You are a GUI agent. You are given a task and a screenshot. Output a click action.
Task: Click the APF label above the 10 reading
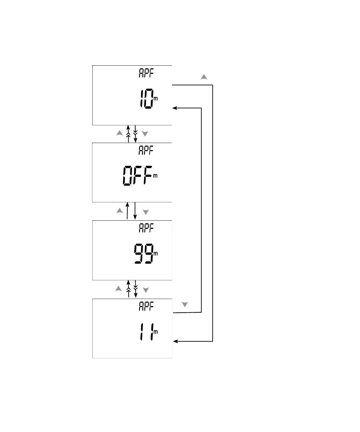click(x=146, y=73)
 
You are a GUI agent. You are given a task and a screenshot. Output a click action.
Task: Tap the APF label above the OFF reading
click(x=146, y=151)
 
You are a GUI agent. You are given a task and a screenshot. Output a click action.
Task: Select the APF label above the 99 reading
click(x=146, y=228)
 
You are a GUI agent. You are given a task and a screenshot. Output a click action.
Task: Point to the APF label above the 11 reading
click(x=146, y=306)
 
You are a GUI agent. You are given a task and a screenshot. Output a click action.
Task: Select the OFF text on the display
click(x=137, y=176)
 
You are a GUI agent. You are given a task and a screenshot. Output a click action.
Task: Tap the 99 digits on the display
click(x=144, y=254)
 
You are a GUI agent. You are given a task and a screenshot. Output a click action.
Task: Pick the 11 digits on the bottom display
click(x=146, y=332)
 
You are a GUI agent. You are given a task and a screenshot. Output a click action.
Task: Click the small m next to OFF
click(x=155, y=176)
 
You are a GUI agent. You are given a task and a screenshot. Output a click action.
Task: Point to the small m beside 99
click(x=156, y=254)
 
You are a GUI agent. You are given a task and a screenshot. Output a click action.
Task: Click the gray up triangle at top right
click(x=204, y=77)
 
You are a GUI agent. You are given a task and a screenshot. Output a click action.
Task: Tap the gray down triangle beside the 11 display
click(x=185, y=304)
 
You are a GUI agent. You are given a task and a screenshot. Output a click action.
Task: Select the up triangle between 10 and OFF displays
click(x=120, y=133)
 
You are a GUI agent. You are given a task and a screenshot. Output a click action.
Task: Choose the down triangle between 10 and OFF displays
click(x=145, y=134)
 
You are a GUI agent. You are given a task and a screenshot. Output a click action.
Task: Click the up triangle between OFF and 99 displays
click(x=120, y=211)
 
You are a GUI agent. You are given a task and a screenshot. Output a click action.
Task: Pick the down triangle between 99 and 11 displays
click(x=146, y=290)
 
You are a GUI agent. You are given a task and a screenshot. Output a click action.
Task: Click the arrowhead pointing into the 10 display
click(x=174, y=108)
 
